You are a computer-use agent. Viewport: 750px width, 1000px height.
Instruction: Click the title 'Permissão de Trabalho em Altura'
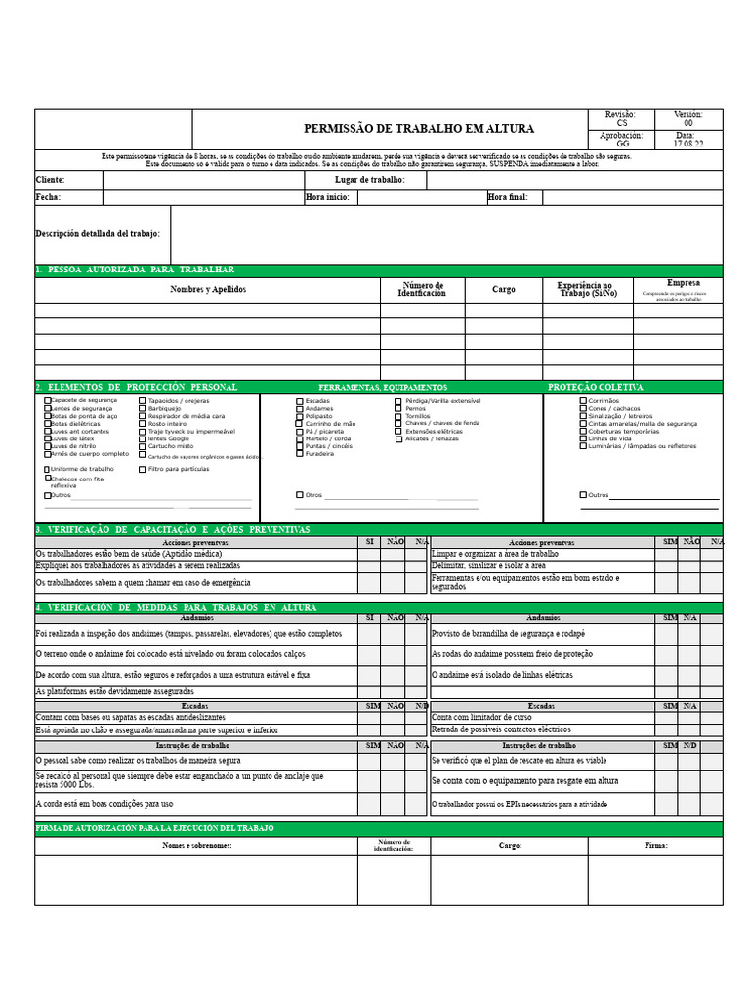[419, 129]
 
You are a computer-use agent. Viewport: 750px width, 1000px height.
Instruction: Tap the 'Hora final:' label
[507, 197]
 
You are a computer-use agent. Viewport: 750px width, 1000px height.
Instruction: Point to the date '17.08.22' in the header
[687, 143]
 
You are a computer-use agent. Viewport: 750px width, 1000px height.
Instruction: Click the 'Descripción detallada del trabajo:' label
[98, 234]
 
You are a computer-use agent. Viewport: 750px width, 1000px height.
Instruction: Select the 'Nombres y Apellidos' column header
[208, 290]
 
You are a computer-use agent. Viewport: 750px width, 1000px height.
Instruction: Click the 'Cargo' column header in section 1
[503, 290]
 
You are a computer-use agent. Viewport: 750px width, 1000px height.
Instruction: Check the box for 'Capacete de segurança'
[47, 400]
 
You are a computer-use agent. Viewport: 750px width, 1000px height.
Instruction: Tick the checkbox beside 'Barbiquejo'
[143, 408]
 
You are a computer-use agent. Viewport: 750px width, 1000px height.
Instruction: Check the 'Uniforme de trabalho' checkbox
[47, 469]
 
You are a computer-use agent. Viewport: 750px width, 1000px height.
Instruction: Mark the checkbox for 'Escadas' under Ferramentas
[300, 401]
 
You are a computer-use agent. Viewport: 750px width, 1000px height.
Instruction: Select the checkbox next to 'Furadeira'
[300, 454]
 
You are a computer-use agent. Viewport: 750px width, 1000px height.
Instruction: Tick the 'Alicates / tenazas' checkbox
[398, 439]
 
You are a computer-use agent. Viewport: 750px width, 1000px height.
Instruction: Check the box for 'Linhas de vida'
[583, 438]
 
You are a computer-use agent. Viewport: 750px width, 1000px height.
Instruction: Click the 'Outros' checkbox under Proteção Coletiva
[583, 495]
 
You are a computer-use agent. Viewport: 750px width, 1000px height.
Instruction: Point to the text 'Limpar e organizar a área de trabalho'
[495, 554]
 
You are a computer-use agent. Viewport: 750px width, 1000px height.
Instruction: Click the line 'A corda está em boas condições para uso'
[104, 804]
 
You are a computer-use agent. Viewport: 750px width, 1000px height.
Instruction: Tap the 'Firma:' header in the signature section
[655, 846]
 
